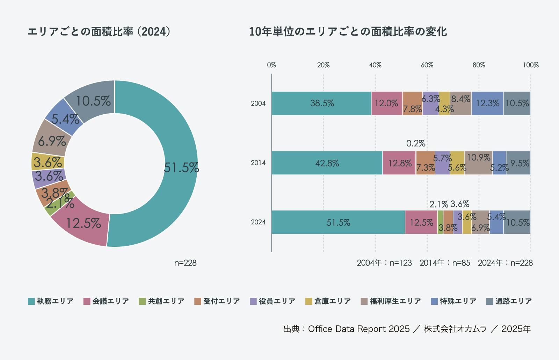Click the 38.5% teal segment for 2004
coord(321,103)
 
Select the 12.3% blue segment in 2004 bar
coord(487,103)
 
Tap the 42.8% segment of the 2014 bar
coord(327,163)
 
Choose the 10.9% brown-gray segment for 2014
coord(478,163)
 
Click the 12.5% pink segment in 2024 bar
coord(421,222)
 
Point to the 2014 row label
coord(258,163)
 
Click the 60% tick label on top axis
coord(427,65)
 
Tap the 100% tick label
coord(531,65)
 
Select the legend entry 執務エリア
coord(51,301)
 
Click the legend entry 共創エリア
coord(162,301)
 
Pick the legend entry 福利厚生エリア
coord(391,301)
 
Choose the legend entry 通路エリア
coord(509,301)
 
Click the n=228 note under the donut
coord(185,263)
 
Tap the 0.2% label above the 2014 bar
coord(415,143)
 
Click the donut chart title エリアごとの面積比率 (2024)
coord(99,32)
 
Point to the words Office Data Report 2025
coord(358,329)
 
